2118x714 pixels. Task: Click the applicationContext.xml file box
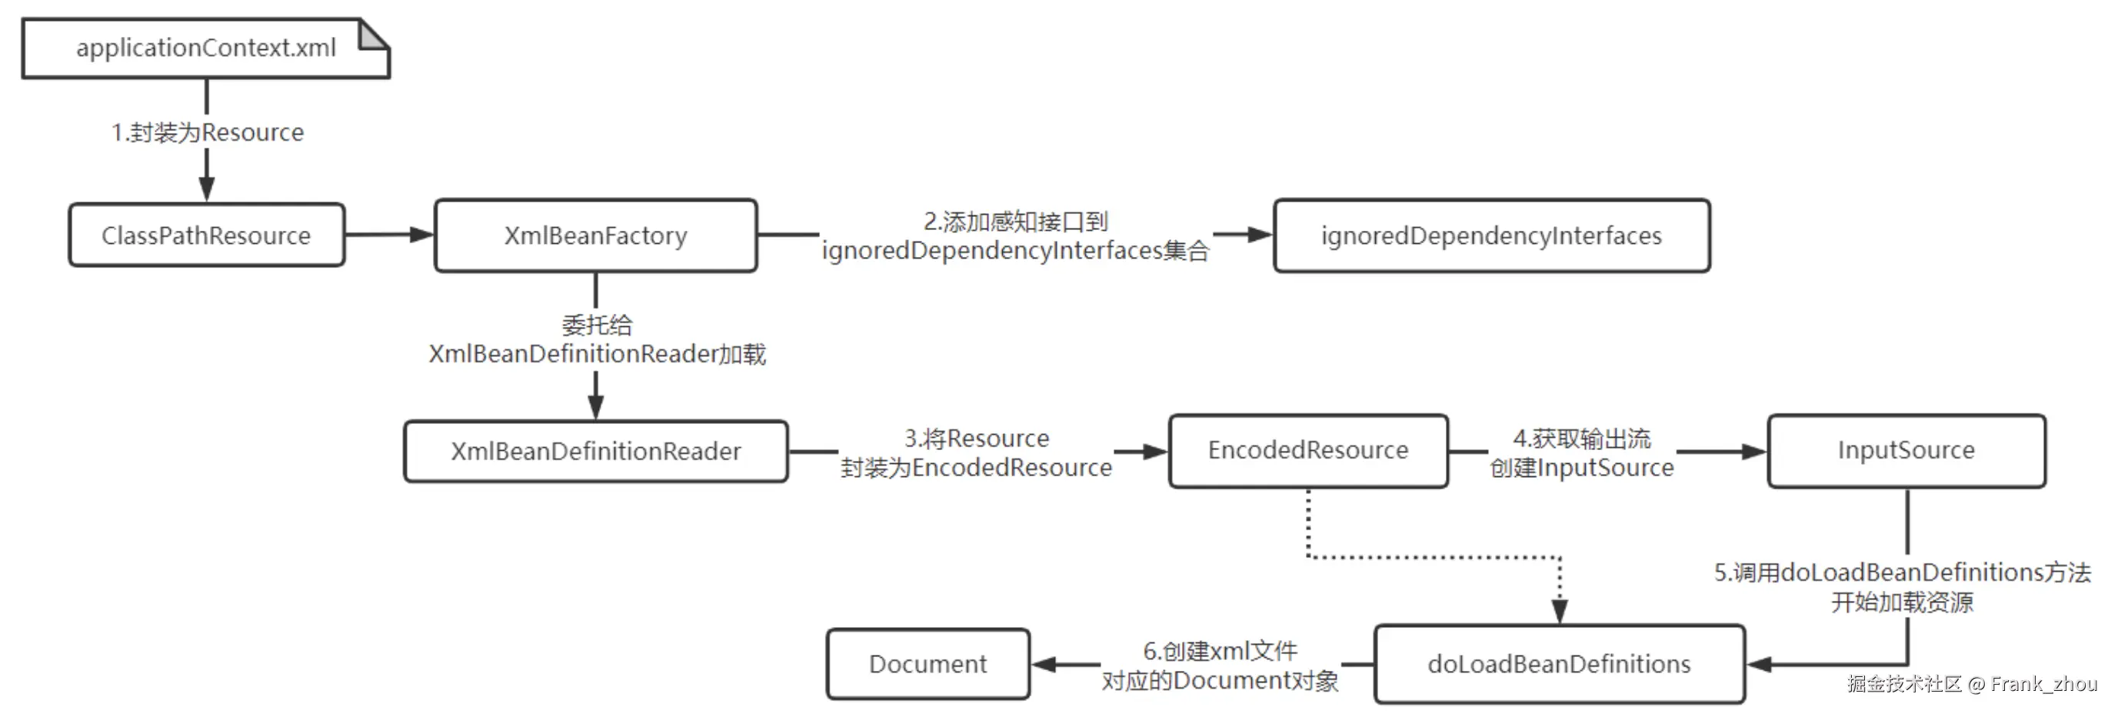tap(205, 48)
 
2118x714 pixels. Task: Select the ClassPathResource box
tap(206, 235)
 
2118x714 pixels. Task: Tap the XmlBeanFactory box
tap(596, 235)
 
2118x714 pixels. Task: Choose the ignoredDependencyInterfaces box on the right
tap(1491, 235)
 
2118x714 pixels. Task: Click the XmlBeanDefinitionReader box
tap(596, 451)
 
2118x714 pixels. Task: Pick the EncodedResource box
tap(1308, 450)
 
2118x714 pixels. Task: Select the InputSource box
tap(1907, 450)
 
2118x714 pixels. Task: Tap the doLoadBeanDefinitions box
tap(1560, 664)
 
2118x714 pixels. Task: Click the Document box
tap(928, 664)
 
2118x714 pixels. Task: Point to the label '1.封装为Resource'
tap(207, 132)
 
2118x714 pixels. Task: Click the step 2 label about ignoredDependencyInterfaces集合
tap(1015, 235)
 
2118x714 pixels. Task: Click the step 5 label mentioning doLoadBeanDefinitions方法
tap(1903, 586)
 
